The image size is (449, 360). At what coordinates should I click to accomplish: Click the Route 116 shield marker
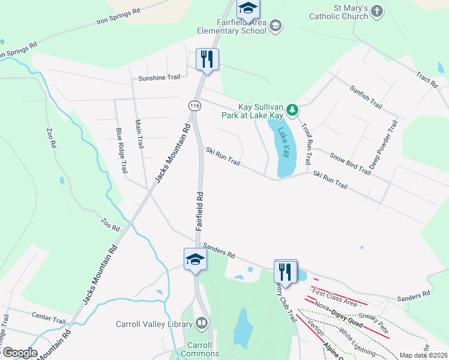coord(194,105)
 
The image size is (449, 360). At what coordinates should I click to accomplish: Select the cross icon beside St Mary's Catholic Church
coord(376,11)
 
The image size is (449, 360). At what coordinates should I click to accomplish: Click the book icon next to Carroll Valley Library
coord(202,324)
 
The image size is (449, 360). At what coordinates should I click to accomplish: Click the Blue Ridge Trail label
coord(122,151)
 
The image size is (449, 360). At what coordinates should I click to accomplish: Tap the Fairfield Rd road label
coord(200,212)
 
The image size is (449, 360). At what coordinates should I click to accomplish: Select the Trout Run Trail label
coord(306,144)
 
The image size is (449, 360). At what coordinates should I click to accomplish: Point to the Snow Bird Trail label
coord(350,163)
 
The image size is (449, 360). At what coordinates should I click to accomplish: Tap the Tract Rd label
coord(427,80)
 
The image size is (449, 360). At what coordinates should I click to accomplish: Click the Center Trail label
coord(49,316)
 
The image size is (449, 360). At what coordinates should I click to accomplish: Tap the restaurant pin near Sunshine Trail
coord(207,59)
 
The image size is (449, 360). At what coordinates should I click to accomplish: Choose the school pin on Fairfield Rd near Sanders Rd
coord(195,260)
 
